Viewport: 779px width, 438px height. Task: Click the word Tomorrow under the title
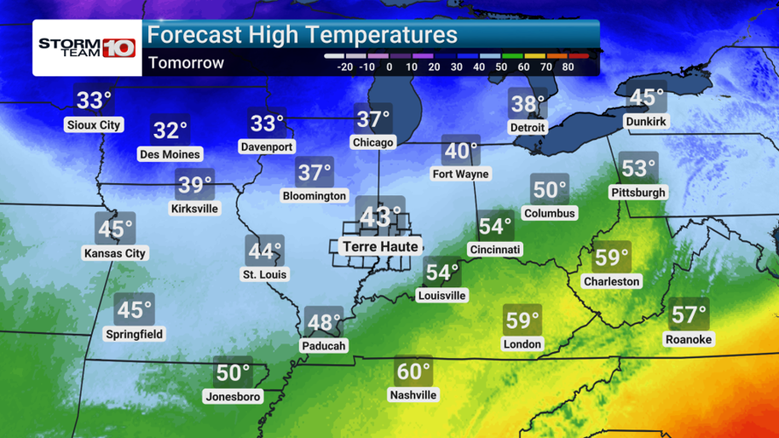pyautogui.click(x=186, y=63)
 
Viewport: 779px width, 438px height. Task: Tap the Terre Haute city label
pyautogui.click(x=380, y=247)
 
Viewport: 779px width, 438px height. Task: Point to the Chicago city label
pyautogui.click(x=373, y=142)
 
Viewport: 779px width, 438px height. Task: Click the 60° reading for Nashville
pyautogui.click(x=413, y=372)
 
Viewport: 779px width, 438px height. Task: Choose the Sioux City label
pyautogui.click(x=94, y=125)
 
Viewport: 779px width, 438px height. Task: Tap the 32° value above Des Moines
pyautogui.click(x=170, y=131)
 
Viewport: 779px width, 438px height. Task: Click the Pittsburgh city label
pyautogui.click(x=639, y=192)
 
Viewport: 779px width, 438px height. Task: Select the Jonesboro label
pyautogui.click(x=233, y=397)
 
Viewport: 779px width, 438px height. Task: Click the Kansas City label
pyautogui.click(x=115, y=253)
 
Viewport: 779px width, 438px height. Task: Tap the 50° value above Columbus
pyautogui.click(x=549, y=190)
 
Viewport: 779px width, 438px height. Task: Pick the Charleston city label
pyautogui.click(x=612, y=281)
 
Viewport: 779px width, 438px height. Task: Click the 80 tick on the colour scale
pyautogui.click(x=568, y=66)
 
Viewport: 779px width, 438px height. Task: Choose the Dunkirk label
pyautogui.click(x=648, y=121)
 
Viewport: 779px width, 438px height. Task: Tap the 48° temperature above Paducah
pyautogui.click(x=323, y=322)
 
